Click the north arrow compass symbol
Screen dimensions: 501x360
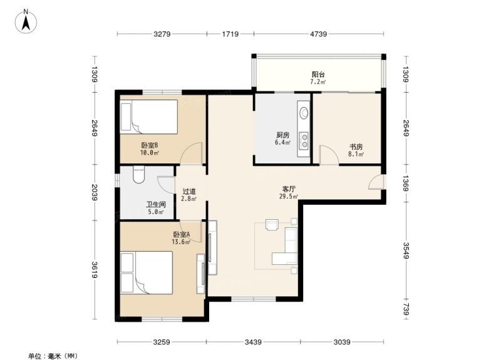point(26,21)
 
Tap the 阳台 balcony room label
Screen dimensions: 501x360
point(318,75)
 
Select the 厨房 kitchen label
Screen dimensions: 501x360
point(283,135)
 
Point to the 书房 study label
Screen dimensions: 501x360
point(356,147)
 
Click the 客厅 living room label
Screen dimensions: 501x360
point(289,189)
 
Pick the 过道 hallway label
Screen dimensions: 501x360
point(189,192)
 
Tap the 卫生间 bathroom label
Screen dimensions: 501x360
point(156,205)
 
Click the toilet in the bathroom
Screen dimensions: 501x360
point(138,175)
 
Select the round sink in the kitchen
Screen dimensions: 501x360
point(304,113)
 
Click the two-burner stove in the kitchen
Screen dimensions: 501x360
point(304,140)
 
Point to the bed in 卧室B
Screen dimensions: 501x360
point(149,117)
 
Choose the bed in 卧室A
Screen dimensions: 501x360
point(147,272)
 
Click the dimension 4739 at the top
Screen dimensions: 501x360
point(319,34)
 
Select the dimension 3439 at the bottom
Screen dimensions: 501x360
point(253,342)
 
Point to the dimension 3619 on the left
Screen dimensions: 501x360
point(95,270)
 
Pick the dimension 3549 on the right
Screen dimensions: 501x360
point(406,250)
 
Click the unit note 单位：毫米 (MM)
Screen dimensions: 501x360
point(53,356)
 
